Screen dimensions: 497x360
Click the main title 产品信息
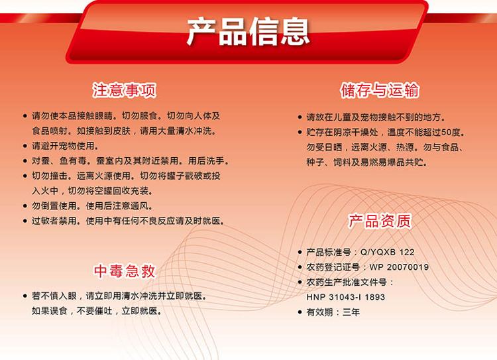pyautogui.click(x=248, y=31)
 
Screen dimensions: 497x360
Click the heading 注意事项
pyautogui.click(x=125, y=90)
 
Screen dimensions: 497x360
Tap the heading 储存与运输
pyautogui.click(x=380, y=90)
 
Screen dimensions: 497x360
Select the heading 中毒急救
pyautogui.click(x=125, y=271)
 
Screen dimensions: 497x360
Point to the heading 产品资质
pyautogui.click(x=380, y=221)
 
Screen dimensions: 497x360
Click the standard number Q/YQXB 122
pyautogui.click(x=388, y=252)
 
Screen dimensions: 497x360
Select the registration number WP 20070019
pyautogui.click(x=399, y=267)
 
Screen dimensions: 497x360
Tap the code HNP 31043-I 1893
pyautogui.click(x=345, y=297)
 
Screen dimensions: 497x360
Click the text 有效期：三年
pyautogui.click(x=333, y=312)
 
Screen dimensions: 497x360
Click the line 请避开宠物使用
pyautogui.click(x=65, y=146)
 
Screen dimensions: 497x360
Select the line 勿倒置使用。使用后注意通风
pyautogui.click(x=92, y=206)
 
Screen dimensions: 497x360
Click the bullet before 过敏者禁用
pyautogui.click(x=25, y=221)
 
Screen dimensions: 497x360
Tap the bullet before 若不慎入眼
pyautogui.click(x=25, y=296)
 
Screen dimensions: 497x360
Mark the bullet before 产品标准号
pyautogui.click(x=300, y=252)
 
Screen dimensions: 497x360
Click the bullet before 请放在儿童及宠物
pyautogui.click(x=300, y=117)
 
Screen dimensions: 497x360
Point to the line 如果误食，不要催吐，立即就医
pyautogui.click(x=97, y=311)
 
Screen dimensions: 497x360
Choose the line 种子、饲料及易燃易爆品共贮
pyautogui.click(x=366, y=162)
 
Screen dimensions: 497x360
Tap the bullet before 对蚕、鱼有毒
pyautogui.click(x=25, y=161)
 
